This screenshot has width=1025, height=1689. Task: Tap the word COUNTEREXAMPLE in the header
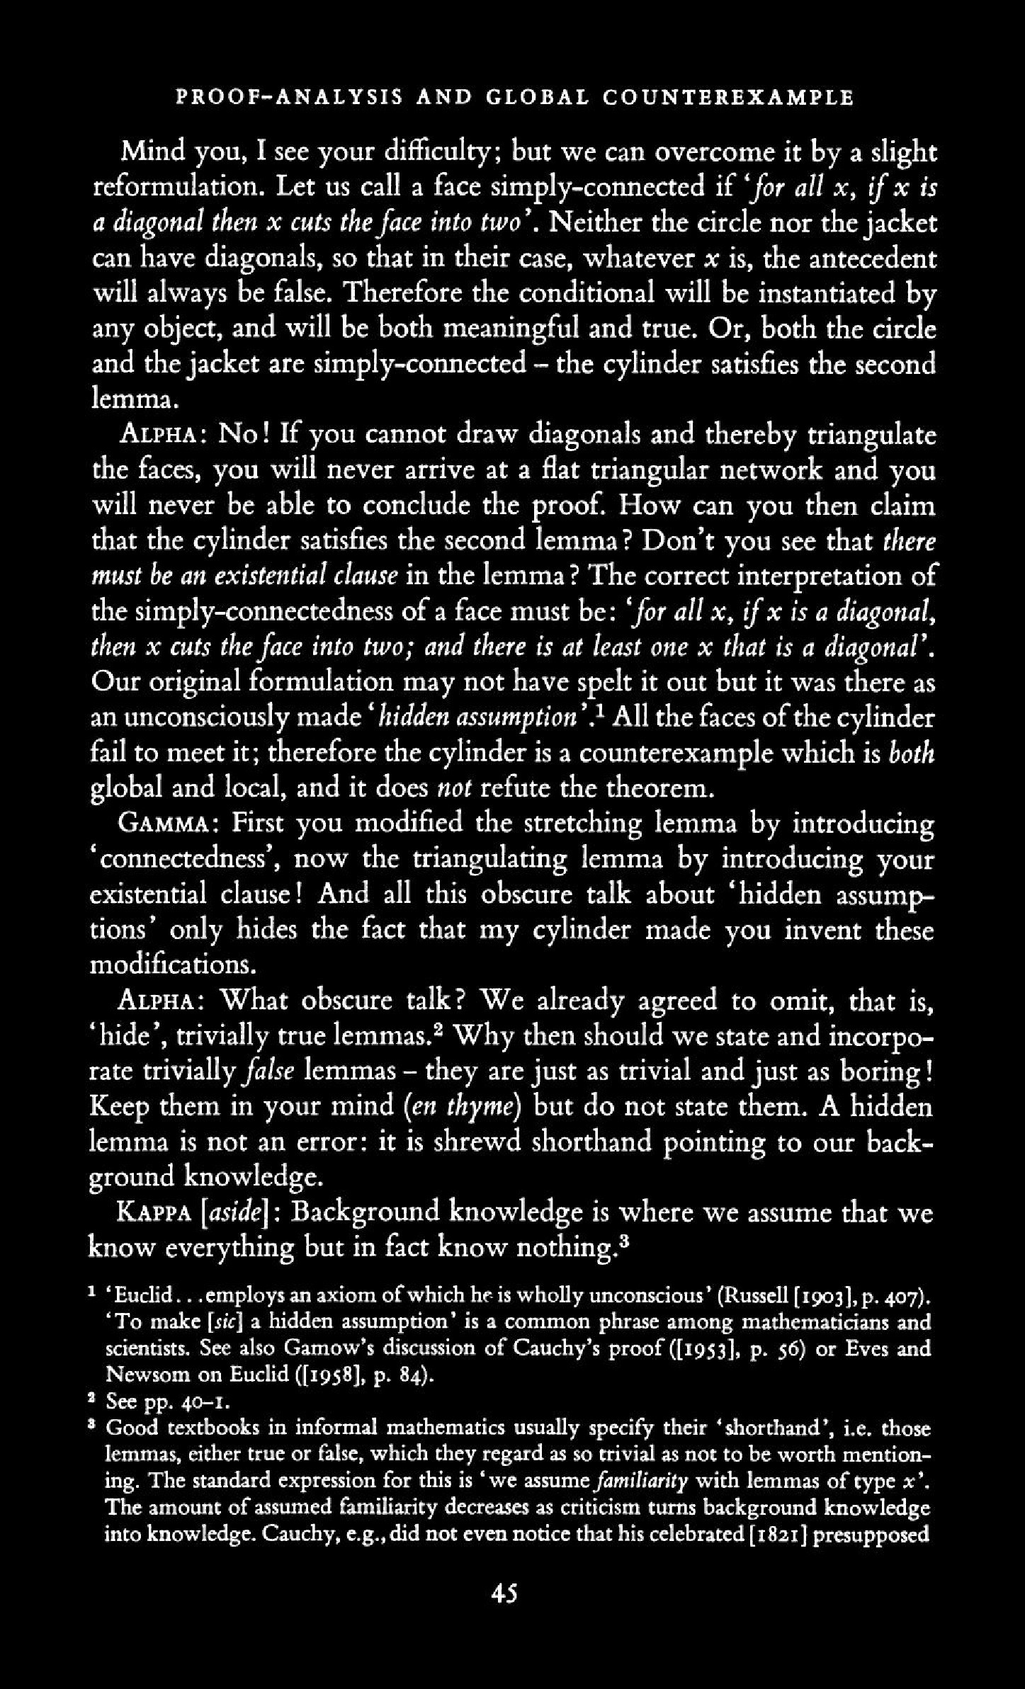tap(728, 97)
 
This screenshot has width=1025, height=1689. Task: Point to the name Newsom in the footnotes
tap(142, 1375)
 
